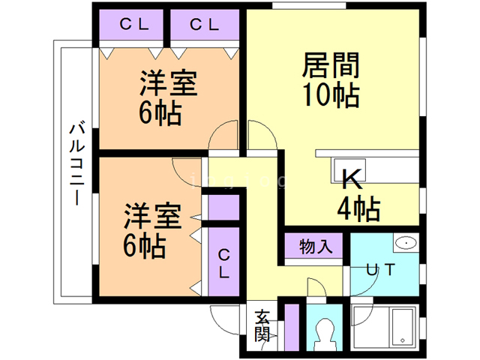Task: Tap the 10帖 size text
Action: [331, 95]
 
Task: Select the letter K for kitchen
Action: [352, 180]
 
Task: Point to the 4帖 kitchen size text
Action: [358, 208]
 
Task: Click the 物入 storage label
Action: [313, 246]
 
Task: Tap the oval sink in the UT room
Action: [406, 242]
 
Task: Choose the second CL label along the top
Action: [203, 25]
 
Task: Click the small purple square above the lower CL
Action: [223, 207]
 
